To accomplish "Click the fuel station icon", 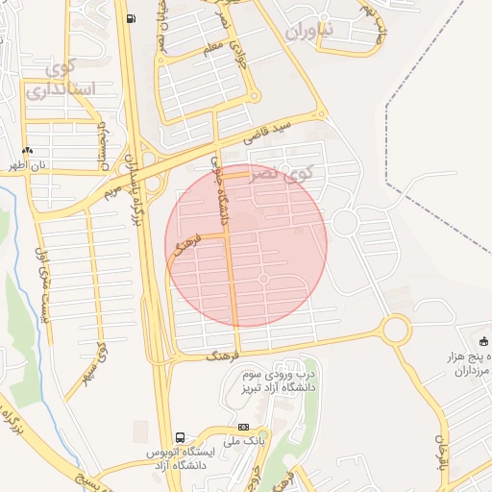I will point(130,18).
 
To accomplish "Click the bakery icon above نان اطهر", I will point(27,151).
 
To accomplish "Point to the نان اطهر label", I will point(29,165).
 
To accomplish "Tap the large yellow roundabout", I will point(396,331).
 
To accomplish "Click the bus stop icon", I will point(181,435).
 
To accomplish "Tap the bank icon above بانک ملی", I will point(243,427).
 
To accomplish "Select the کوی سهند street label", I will point(97,360).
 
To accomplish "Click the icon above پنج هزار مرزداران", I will point(483,340).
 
